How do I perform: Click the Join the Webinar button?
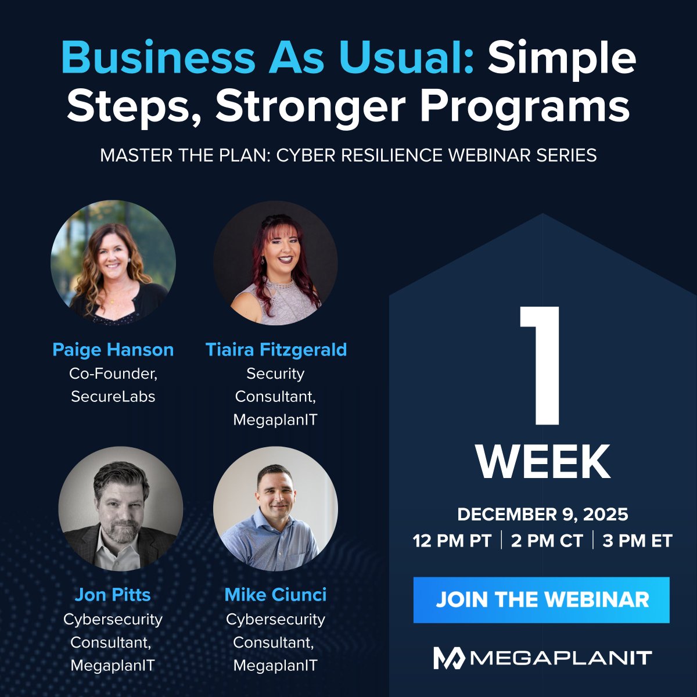pos(541,599)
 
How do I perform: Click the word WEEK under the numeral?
pos(543,462)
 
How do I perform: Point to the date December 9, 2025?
pos(542,515)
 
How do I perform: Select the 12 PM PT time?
pos(452,541)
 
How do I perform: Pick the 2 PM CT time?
pos(547,541)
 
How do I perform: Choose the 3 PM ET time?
pos(637,541)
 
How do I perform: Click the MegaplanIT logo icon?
pos(449,658)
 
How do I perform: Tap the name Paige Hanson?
pos(113,350)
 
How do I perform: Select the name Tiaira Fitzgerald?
pos(276,350)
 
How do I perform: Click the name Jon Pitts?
pos(113,595)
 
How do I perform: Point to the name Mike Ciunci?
pos(275,595)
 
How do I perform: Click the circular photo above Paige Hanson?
pos(113,263)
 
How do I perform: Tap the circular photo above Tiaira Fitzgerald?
pos(275,263)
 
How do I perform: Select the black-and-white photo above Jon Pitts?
pos(121,509)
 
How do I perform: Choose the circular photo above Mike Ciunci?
pos(275,509)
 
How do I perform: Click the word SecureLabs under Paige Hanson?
pos(113,397)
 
